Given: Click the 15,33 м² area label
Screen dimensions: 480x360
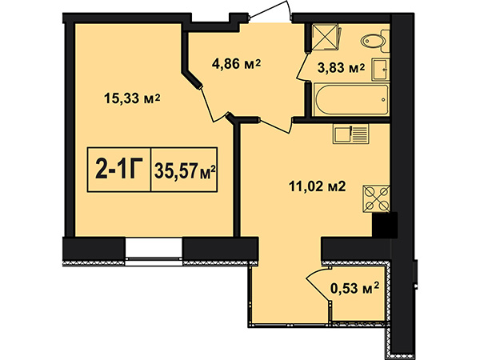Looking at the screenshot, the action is pos(132,98).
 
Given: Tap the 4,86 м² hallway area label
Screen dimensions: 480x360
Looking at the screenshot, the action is pos(236,64).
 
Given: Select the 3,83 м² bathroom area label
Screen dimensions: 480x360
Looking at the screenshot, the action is pos(341,68).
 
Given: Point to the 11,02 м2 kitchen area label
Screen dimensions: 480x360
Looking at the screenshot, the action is pos(317,186).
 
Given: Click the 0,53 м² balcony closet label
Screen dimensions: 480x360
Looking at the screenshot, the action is pos(354,288).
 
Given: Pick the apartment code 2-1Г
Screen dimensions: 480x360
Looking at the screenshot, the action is pos(120,170).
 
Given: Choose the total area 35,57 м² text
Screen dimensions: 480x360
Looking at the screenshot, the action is pos(185,171).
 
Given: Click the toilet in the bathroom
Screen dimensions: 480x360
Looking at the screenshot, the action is pos(374,41).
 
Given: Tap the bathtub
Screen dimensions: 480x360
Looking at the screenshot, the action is pos(351,99).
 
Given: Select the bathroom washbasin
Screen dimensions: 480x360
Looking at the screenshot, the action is pos(381,70).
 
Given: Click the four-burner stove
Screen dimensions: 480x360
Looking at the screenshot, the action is pos(376,199).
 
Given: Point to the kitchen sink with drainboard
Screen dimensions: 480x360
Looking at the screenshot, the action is pos(351,134).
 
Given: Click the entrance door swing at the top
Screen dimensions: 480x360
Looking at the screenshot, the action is pos(270,12).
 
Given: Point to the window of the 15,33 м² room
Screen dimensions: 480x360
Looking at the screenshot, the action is pos(154,251).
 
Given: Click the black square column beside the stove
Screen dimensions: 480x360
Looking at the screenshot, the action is pos(385,225).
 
